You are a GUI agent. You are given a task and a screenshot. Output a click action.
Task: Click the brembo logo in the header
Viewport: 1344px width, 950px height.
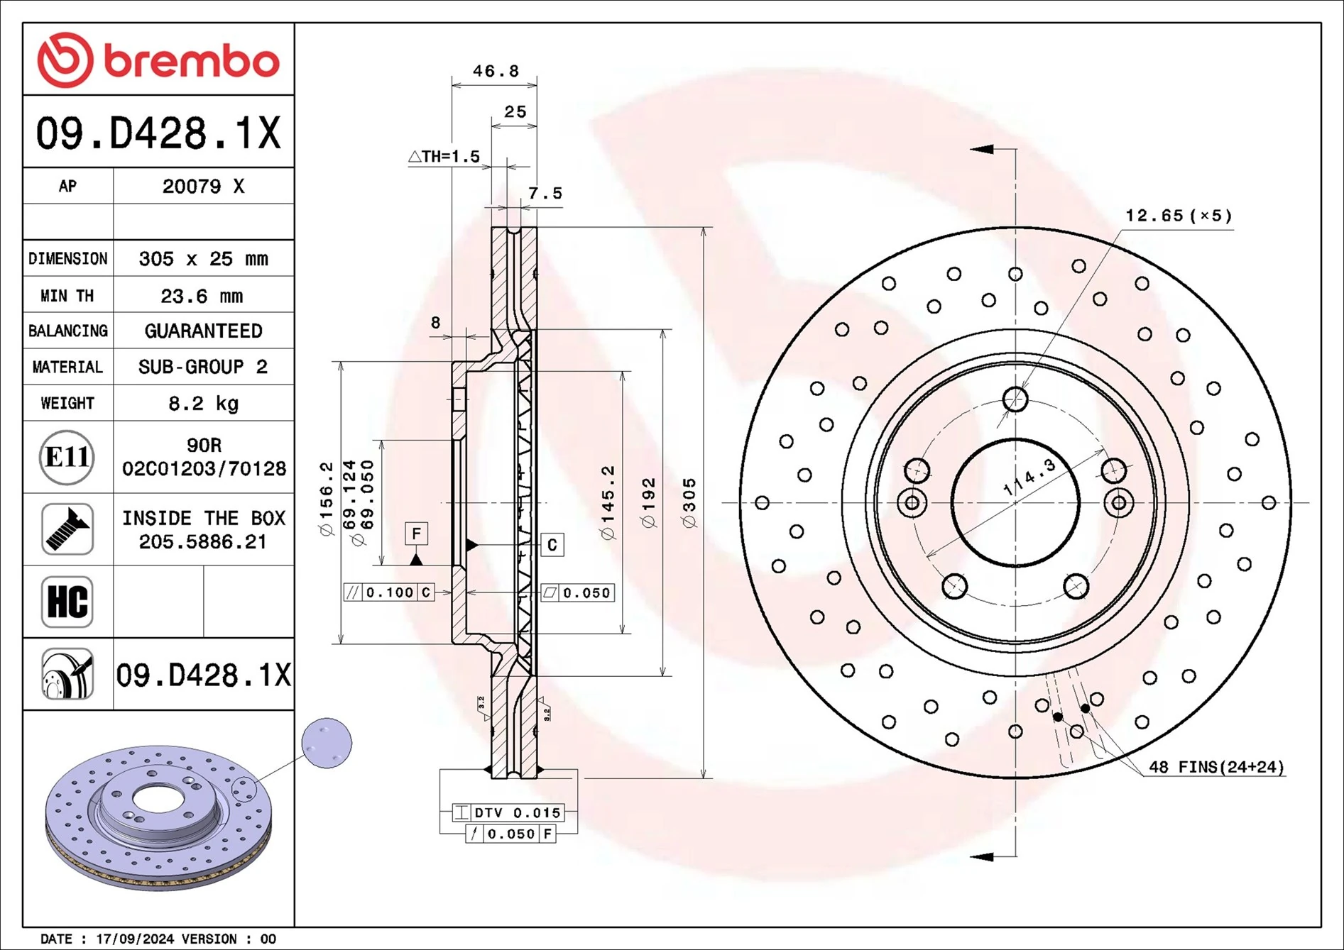158,60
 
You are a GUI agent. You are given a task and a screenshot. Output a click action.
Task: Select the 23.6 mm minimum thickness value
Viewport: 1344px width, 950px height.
202,295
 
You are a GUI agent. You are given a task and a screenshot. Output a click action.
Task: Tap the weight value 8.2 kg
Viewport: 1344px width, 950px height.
203,403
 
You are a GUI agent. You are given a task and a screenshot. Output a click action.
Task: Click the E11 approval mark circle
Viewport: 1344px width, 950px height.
67,457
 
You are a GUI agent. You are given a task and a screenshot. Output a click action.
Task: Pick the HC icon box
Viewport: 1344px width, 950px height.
67,602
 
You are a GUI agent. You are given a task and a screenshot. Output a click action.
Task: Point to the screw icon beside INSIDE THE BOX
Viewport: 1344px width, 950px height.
67,529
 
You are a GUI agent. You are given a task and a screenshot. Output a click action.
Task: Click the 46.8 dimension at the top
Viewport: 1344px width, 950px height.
496,71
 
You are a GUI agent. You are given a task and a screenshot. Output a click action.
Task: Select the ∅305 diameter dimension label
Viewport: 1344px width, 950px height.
689,502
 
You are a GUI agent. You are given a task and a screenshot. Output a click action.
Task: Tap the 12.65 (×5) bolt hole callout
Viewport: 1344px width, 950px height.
1179,215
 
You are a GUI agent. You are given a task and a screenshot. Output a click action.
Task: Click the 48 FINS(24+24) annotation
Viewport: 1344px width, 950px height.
1216,767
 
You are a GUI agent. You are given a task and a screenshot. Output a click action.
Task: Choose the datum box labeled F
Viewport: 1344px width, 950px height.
416,533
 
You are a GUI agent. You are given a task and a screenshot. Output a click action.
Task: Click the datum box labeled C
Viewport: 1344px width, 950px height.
552,545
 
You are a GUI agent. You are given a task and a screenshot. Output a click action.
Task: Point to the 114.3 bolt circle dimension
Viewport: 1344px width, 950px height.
1029,477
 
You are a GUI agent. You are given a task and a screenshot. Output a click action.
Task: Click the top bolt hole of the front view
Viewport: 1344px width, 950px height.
1015,399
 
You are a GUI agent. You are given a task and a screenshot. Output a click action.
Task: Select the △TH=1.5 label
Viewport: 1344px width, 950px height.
444,156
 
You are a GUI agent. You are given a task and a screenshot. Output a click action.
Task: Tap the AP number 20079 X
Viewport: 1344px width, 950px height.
203,186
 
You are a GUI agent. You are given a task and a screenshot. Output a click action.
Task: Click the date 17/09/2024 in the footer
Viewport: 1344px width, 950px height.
134,939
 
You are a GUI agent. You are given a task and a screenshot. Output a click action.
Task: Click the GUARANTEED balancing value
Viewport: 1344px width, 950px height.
203,331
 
